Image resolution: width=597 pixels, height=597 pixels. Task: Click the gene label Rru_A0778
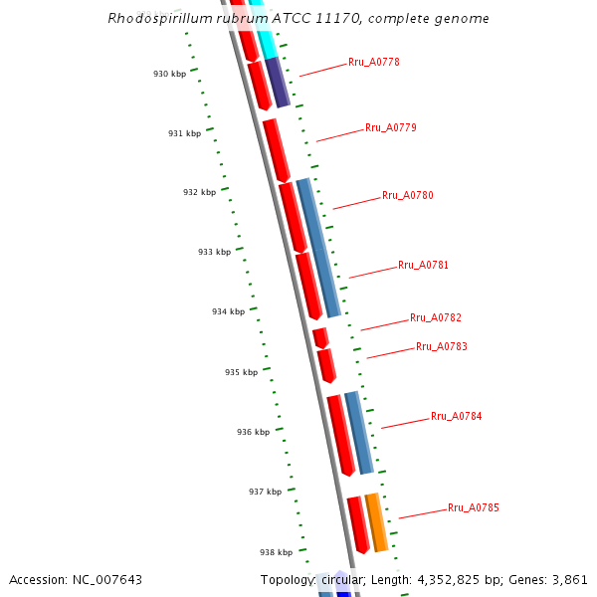click(x=374, y=63)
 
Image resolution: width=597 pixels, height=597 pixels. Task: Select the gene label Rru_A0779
click(x=391, y=128)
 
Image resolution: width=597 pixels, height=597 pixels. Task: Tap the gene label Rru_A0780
click(x=408, y=196)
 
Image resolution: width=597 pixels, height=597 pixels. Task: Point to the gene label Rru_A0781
click(x=424, y=266)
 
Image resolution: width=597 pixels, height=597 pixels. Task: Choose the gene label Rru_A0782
click(x=436, y=318)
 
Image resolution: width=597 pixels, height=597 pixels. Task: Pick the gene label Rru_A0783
click(x=442, y=347)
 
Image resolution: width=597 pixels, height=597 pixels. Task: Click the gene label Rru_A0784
click(x=457, y=417)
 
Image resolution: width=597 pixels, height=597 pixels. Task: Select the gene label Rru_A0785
click(x=474, y=508)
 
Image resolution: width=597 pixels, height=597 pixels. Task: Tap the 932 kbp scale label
click(x=199, y=193)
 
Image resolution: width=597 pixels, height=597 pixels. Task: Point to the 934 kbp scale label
click(x=228, y=312)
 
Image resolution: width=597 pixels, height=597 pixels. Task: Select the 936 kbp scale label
click(x=253, y=433)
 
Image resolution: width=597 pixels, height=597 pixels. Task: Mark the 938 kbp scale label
click(x=277, y=552)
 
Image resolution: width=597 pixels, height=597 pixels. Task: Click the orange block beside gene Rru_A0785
click(x=376, y=522)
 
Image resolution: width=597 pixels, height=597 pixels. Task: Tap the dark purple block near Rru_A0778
click(x=278, y=83)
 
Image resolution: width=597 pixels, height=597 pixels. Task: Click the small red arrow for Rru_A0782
click(x=320, y=338)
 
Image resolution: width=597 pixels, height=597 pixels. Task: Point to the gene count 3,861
click(x=569, y=579)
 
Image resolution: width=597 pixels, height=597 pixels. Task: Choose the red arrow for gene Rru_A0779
click(x=276, y=150)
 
